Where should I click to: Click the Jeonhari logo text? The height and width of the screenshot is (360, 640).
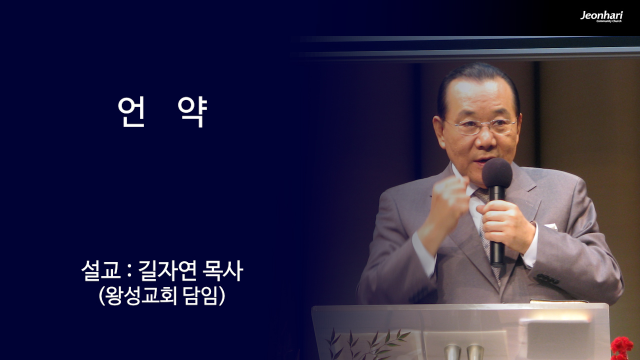tap(601, 15)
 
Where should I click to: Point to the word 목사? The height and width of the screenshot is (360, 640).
tap(222, 271)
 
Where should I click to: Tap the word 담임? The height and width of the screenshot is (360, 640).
tap(202, 295)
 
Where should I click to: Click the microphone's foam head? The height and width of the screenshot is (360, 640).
tap(497, 172)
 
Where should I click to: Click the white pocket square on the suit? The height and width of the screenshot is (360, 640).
tap(551, 226)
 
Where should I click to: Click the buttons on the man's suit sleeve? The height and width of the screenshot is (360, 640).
tap(547, 279)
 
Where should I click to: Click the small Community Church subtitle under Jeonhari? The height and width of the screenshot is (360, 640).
tap(609, 21)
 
